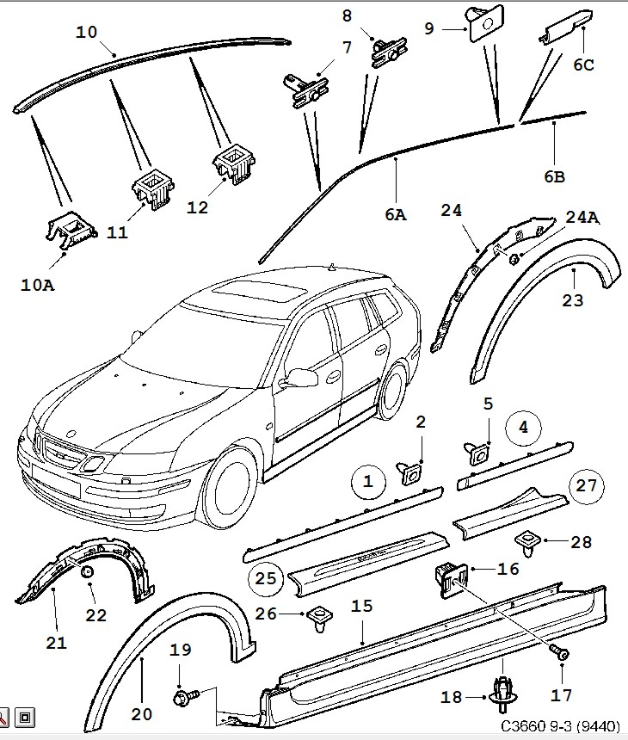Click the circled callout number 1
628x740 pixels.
point(368,483)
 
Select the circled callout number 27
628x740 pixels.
point(586,486)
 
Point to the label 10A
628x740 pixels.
point(37,285)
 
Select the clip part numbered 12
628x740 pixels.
point(233,163)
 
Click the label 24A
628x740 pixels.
point(581,217)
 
